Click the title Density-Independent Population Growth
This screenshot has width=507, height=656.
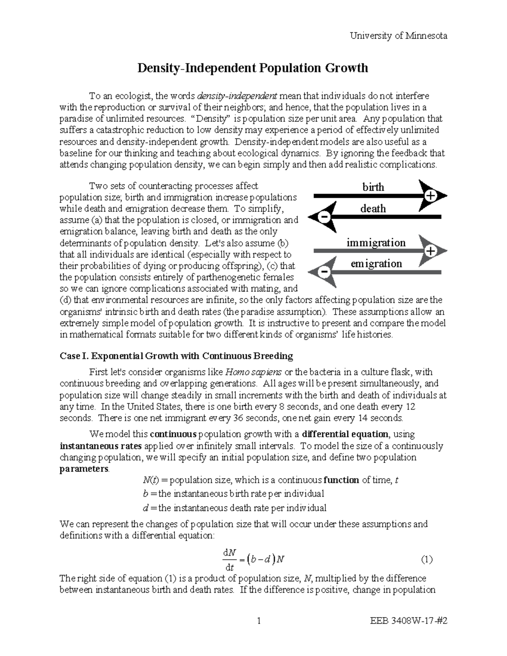pos(253,68)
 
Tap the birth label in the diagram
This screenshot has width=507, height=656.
pos(373,187)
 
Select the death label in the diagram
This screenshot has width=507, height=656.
pos(373,209)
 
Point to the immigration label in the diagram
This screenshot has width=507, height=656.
pos(376,243)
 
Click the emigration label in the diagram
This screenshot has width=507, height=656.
pos(376,264)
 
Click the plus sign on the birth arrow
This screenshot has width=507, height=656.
pos(430,196)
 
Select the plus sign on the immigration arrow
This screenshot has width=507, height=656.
pos(430,251)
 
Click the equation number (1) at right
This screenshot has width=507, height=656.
pos(427,560)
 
